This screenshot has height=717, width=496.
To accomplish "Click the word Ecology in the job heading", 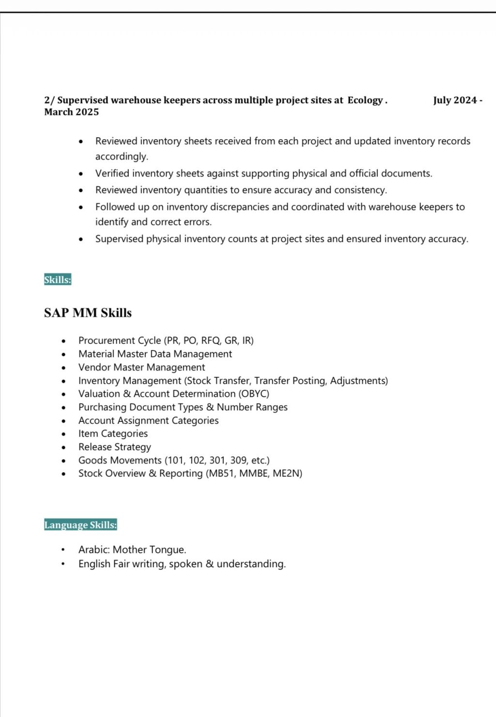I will click(365, 100).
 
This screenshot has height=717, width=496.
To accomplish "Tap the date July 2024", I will click(455, 100).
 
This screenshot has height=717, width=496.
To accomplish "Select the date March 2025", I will click(71, 112).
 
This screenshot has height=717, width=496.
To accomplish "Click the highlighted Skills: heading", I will click(58, 280).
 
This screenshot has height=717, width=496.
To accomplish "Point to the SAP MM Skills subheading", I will click(88, 313).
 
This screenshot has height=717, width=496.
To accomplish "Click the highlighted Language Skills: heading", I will click(80, 525).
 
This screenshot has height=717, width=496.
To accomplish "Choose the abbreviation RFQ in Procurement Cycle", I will click(211, 340).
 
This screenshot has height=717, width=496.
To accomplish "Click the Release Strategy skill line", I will click(115, 447).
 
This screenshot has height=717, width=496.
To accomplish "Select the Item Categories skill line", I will click(113, 433).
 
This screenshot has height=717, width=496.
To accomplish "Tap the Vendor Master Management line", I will click(141, 367).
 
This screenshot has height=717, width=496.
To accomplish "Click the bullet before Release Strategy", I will click(63, 447).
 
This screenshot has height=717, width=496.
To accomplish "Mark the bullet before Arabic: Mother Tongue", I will click(63, 550).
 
